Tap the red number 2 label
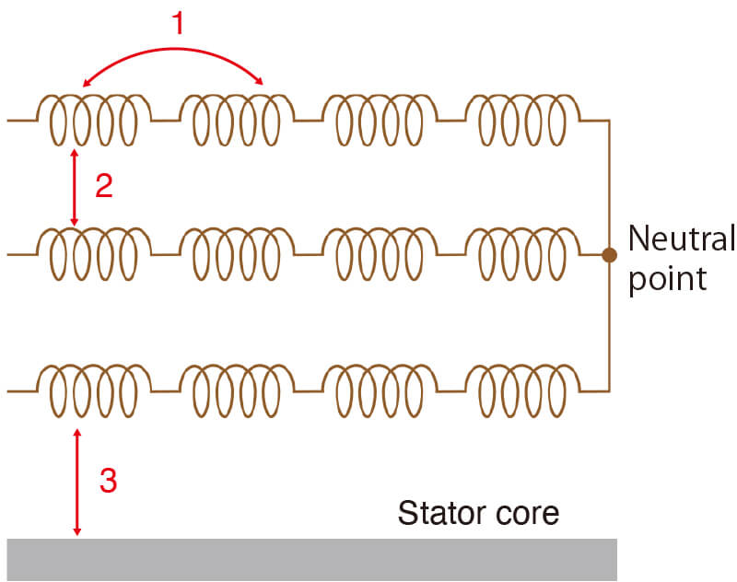103,185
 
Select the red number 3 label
108,481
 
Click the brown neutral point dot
609,254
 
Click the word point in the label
667,277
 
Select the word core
526,513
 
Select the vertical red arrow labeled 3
77,482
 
